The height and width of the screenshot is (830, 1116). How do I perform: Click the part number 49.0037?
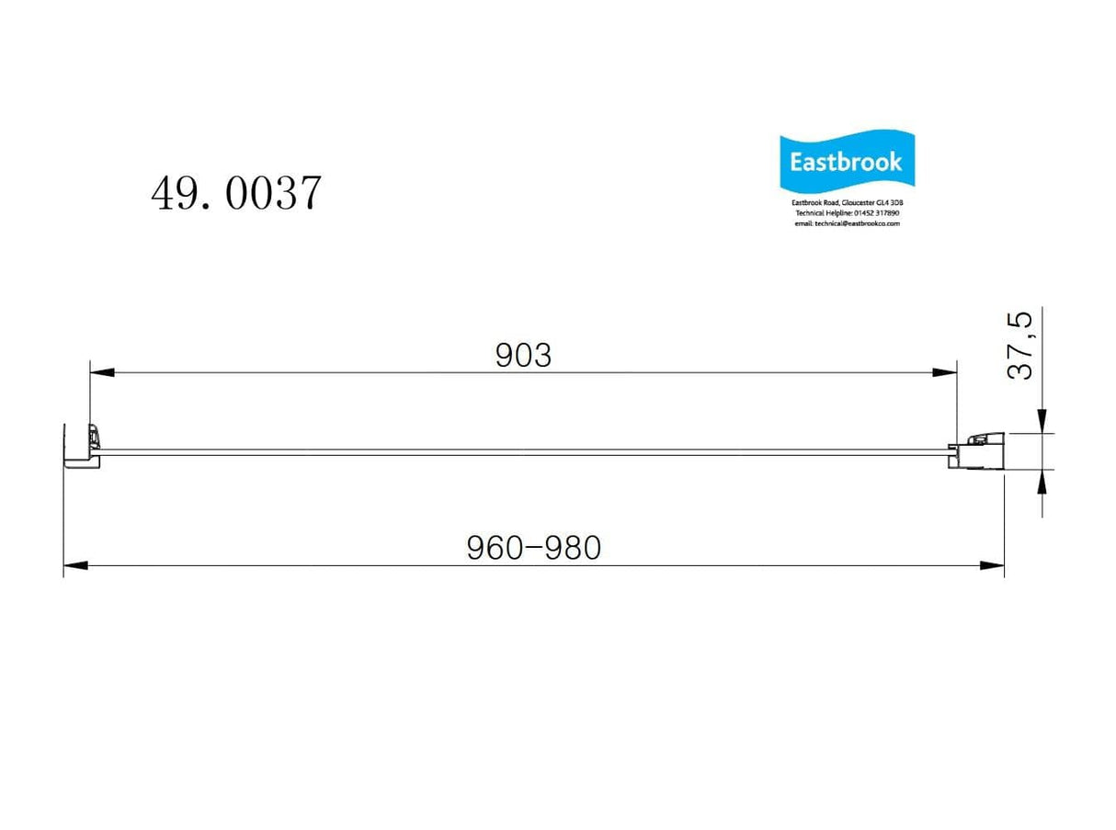point(236,194)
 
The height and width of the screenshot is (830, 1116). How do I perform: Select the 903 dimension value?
point(523,356)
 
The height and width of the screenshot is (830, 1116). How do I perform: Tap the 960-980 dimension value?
point(533,548)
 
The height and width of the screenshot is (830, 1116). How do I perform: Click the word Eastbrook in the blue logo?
point(846,163)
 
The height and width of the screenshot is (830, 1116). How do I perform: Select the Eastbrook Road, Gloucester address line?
point(847,203)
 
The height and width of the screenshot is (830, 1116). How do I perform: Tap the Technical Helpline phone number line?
point(847,213)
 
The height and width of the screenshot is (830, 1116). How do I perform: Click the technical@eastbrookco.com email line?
point(847,223)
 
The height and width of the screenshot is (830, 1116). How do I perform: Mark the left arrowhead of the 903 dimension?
point(101,372)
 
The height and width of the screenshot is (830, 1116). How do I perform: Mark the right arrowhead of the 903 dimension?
point(945,372)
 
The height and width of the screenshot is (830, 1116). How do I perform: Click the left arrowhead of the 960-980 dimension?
point(75,565)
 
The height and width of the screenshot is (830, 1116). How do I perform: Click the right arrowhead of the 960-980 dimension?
point(992,565)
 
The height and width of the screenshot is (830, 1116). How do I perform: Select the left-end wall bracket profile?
point(81,446)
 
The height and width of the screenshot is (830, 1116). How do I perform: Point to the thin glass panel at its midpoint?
point(524,452)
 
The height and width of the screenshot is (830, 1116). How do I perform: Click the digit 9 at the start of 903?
point(504,356)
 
